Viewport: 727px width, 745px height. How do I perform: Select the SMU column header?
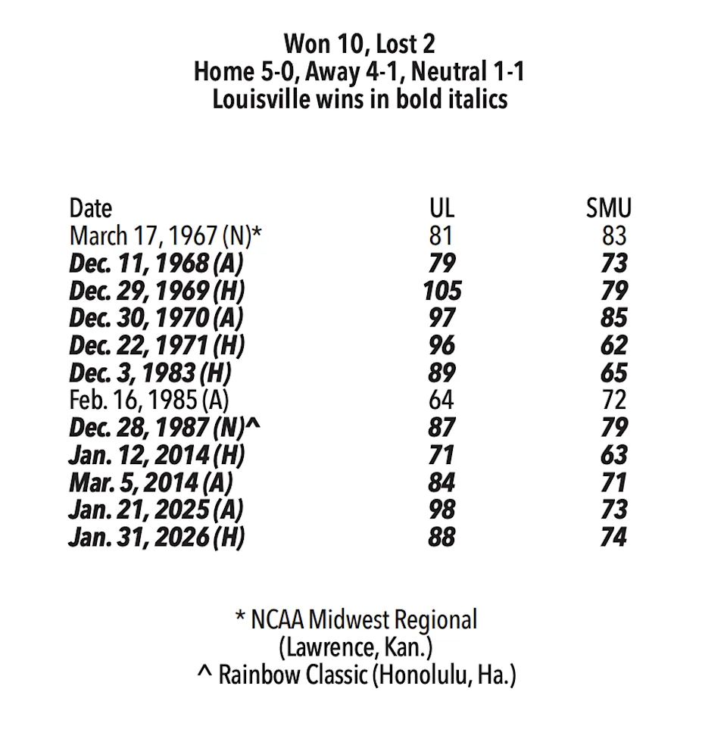pyautogui.click(x=608, y=208)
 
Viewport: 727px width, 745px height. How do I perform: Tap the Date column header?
pyautogui.click(x=90, y=208)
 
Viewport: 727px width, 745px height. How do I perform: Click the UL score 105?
pyautogui.click(x=442, y=291)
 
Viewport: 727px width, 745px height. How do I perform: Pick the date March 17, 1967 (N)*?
pyautogui.click(x=165, y=235)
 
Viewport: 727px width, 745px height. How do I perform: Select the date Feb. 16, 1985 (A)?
pyautogui.click(x=148, y=400)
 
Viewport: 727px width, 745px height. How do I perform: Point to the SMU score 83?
pyautogui.click(x=614, y=235)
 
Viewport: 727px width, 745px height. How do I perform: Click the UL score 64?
pyautogui.click(x=441, y=400)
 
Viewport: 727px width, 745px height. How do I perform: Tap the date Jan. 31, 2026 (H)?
pyautogui.click(x=157, y=537)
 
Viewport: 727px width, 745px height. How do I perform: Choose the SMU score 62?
pyautogui.click(x=614, y=345)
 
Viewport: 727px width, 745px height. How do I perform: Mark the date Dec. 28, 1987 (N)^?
pyautogui.click(x=164, y=428)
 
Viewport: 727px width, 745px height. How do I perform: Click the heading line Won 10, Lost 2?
pyautogui.click(x=360, y=43)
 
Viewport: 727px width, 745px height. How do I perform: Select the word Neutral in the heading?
pyautogui.click(x=443, y=71)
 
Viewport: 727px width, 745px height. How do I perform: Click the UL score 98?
pyautogui.click(x=441, y=510)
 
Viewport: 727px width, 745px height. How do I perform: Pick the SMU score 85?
pyautogui.click(x=614, y=318)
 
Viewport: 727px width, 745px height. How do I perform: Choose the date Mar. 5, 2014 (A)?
pyautogui.click(x=150, y=482)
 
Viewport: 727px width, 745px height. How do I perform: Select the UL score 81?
pyautogui.click(x=441, y=235)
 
